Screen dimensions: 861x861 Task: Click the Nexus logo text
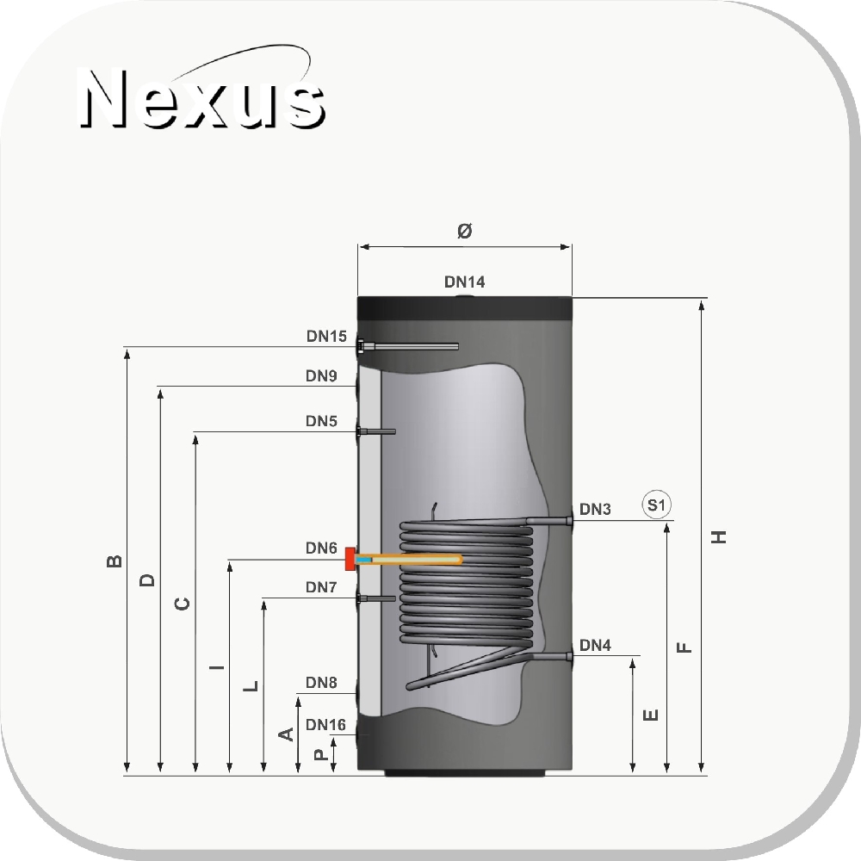[202, 98]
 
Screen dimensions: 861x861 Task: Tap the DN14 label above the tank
[465, 282]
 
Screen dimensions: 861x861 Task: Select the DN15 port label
[326, 336]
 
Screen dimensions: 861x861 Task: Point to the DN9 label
[321, 375]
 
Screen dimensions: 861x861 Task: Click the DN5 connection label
[321, 421]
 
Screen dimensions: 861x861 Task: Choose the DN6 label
[321, 548]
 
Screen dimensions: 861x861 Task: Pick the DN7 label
[321, 587]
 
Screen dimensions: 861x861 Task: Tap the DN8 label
[321, 683]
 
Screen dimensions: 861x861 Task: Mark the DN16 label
[325, 725]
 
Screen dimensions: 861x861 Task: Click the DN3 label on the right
[595, 509]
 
